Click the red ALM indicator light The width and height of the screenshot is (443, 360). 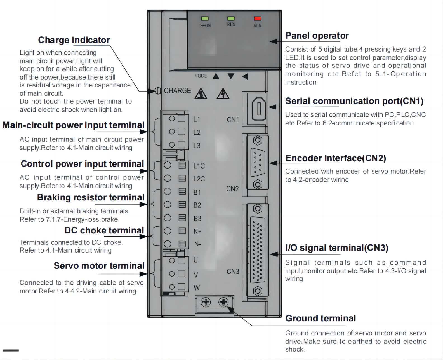tap(257, 18)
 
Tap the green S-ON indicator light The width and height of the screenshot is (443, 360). tap(205, 18)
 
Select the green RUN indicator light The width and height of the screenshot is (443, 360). tap(231, 18)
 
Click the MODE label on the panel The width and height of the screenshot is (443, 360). tap(201, 76)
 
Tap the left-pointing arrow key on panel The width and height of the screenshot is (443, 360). tap(245, 76)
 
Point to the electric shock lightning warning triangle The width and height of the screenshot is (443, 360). tap(223, 94)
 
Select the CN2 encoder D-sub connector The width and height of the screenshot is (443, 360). tap(258, 162)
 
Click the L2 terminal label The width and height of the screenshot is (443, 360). tap(197, 132)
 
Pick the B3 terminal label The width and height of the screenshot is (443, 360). tap(197, 218)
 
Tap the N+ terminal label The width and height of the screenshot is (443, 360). tap(197, 232)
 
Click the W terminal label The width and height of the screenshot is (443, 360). tap(197, 288)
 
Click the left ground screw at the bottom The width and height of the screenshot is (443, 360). tap(206, 302)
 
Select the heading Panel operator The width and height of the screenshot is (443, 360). tap(317, 36)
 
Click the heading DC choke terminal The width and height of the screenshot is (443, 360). tap(104, 230)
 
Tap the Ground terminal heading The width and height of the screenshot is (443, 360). tap(321, 318)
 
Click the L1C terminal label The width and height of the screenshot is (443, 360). tap(199, 166)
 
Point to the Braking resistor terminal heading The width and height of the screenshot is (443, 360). tap(91, 197)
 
